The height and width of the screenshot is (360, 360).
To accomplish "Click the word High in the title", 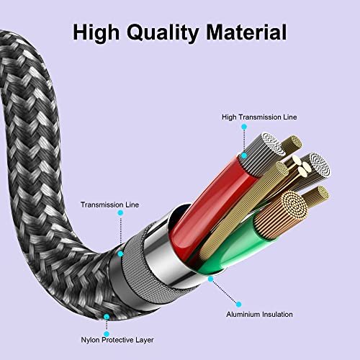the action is [96, 32].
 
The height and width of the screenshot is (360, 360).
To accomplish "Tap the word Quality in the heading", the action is [163, 33].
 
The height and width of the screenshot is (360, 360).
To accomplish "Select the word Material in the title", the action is [246, 32].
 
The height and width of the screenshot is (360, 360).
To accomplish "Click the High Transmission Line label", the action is [259, 117].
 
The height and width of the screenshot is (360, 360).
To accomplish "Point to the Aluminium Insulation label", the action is [259, 314].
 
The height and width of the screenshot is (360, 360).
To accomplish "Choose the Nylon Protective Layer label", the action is [117, 340].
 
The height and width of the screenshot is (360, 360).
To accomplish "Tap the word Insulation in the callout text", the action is [277, 314].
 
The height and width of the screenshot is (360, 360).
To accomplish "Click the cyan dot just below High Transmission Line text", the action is [244, 127].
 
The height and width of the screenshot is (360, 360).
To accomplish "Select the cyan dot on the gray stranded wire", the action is [244, 156].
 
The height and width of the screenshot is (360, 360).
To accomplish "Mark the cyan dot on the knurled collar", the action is [120, 253].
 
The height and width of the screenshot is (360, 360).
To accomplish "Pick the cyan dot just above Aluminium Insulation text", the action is [238, 305].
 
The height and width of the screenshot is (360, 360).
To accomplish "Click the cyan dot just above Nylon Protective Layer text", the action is [107, 334].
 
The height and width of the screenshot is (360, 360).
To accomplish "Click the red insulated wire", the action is [211, 207].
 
